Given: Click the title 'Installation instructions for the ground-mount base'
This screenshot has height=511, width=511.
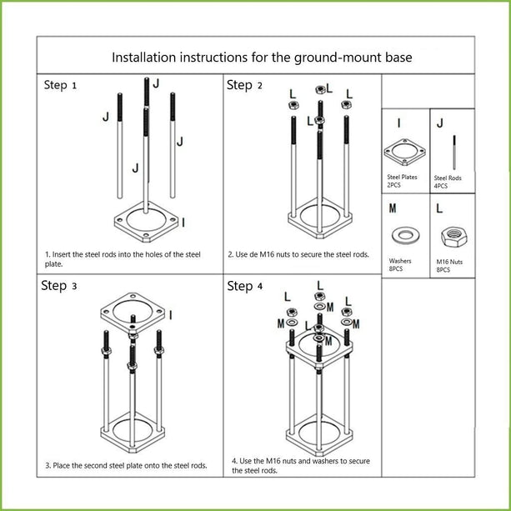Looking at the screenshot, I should [262, 58].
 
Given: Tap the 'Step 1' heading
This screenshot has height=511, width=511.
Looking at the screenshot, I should [61, 86].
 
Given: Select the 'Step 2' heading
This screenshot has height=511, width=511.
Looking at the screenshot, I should [244, 85].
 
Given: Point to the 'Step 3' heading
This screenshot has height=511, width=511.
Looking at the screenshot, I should [59, 286].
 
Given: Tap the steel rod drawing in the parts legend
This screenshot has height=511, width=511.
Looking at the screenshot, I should [453, 150].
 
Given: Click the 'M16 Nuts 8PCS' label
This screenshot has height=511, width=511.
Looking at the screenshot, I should [448, 266].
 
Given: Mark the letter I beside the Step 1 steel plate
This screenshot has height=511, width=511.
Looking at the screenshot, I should [183, 221].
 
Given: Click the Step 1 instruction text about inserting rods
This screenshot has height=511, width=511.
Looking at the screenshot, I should [123, 258].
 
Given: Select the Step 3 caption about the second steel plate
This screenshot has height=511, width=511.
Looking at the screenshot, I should [126, 465].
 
